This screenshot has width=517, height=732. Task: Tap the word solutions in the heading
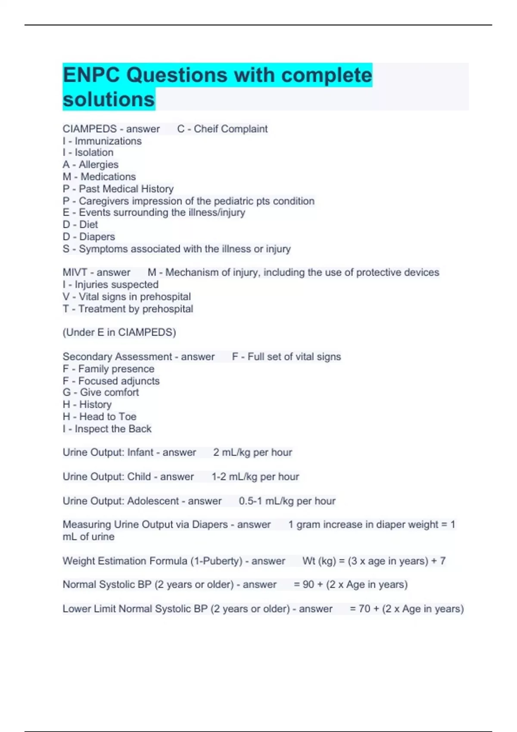109,99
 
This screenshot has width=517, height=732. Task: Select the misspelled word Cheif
205,129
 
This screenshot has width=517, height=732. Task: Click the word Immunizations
108,141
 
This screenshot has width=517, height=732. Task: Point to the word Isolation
94,152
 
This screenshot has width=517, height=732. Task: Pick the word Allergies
98,164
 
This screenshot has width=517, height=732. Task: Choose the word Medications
108,177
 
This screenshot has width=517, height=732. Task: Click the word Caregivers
104,201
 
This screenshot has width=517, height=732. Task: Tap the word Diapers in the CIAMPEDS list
97,237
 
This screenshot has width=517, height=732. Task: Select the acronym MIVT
75,273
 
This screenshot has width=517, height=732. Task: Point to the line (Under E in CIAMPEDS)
119,332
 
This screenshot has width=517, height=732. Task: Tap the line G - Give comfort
101,392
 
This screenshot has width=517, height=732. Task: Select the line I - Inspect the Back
107,429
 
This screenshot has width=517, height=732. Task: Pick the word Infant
140,452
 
